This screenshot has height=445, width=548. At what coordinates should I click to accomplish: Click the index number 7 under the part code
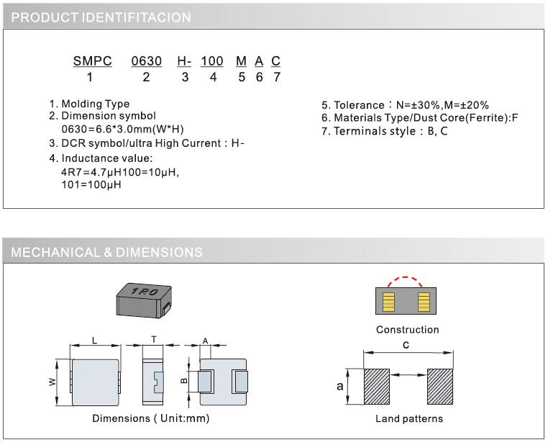[276, 77]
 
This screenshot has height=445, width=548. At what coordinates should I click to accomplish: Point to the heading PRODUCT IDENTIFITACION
[101, 17]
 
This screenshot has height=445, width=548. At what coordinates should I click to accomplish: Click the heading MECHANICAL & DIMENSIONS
[107, 252]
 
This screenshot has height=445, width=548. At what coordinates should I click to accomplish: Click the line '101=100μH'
[91, 185]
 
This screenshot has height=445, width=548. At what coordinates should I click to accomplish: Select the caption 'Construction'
[407, 330]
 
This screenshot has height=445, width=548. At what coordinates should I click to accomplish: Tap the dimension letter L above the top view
[94, 340]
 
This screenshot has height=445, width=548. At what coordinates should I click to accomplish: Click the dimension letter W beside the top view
[52, 382]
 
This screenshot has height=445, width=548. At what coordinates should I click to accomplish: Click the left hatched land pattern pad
[376, 387]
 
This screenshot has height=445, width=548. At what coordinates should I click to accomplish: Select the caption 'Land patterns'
[409, 418]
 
